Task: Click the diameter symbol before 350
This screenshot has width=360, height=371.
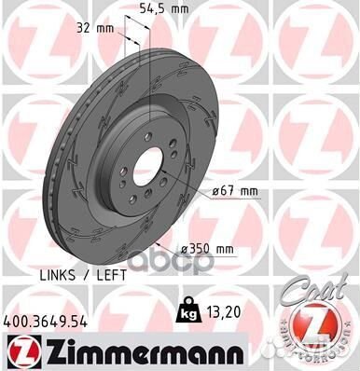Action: click(x=212, y=248)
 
